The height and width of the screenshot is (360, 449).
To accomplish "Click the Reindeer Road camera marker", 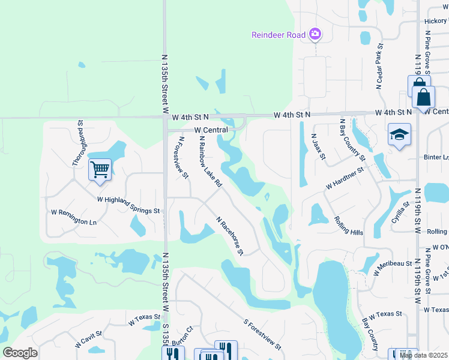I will click(315, 35).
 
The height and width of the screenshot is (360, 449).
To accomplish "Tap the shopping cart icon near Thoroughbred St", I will click(100, 169).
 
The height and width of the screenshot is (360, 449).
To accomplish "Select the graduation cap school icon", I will click(399, 135).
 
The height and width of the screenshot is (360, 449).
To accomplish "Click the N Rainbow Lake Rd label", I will click(210, 163).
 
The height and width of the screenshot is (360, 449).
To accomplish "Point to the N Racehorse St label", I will click(229, 236).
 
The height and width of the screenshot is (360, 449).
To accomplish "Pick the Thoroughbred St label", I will click(78, 142).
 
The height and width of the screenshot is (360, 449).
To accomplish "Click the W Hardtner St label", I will click(345, 178).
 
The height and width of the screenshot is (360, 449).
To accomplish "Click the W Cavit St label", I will click(89, 340).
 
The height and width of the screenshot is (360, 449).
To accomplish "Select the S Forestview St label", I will click(262, 335).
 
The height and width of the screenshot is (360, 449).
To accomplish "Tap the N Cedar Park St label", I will click(379, 66).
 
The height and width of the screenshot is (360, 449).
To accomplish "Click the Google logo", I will click(20, 353).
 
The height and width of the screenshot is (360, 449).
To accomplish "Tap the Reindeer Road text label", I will click(278, 35).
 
